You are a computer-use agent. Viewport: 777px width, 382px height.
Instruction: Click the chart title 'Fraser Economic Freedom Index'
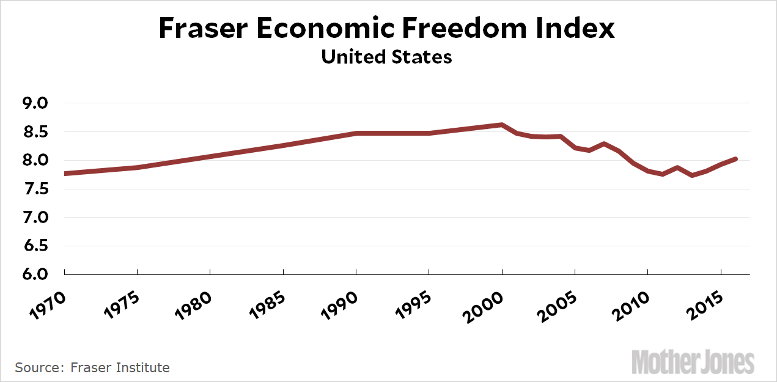(386, 29)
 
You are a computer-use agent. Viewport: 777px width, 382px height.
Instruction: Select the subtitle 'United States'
(386, 57)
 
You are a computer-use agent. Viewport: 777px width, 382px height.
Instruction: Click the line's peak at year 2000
(502, 125)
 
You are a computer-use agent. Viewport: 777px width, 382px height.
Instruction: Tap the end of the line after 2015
(736, 159)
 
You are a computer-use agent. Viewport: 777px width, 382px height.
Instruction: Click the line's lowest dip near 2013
(692, 175)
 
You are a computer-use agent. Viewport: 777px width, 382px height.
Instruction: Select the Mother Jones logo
(693, 362)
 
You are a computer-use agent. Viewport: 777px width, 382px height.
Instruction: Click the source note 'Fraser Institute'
(120, 367)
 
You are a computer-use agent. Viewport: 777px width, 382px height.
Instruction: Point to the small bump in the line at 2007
(604, 144)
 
